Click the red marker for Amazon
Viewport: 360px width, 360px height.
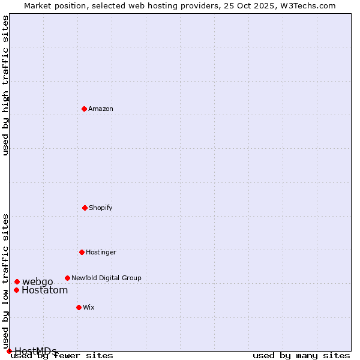[84, 109]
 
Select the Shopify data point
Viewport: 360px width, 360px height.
[85, 208]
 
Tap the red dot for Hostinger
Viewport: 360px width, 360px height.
[82, 252]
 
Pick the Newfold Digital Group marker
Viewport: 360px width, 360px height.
[67, 278]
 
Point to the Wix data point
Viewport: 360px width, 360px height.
[79, 307]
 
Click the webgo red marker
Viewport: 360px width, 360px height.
[17, 281]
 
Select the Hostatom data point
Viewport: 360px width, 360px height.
[16, 290]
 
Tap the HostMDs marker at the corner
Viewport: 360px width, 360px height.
[9, 351]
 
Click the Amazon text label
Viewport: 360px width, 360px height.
[101, 109]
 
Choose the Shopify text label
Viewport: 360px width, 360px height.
[101, 208]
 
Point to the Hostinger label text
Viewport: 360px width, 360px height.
[101, 252]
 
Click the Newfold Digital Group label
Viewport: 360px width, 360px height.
[106, 278]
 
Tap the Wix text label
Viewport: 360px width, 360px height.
[89, 307]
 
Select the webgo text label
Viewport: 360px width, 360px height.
[38, 281]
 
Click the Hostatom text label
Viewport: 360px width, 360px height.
[45, 290]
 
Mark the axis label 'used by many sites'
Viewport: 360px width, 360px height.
[301, 355]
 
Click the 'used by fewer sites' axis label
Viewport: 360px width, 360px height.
[62, 355]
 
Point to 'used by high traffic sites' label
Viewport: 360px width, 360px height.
[6, 85]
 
